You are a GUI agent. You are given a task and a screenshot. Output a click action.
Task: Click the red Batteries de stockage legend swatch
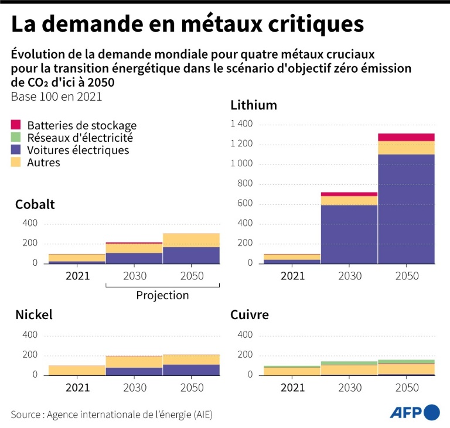(16, 125)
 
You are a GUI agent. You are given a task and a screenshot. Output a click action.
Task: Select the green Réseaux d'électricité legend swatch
(16, 138)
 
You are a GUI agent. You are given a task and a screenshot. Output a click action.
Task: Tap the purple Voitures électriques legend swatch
(16, 150)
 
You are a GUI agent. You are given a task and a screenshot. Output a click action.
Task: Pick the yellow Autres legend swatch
(16, 163)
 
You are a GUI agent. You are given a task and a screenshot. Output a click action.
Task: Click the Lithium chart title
(253, 105)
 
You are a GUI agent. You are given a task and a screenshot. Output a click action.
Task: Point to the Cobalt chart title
(35, 204)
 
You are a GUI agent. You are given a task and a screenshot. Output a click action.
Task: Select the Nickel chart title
(34, 315)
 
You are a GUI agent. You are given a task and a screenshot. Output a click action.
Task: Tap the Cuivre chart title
(250, 315)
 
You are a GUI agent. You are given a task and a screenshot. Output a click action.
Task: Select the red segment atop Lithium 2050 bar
(406, 137)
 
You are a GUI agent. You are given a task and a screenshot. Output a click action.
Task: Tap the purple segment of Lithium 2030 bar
(349, 234)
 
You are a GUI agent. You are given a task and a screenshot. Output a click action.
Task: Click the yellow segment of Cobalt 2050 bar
(191, 239)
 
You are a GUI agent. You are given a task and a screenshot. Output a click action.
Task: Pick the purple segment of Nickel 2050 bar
(191, 369)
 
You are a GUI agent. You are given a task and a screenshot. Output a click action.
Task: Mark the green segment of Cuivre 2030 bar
(349, 363)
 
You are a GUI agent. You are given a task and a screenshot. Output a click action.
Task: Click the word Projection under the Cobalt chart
(162, 295)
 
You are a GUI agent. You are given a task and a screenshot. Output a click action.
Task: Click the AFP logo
(415, 412)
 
